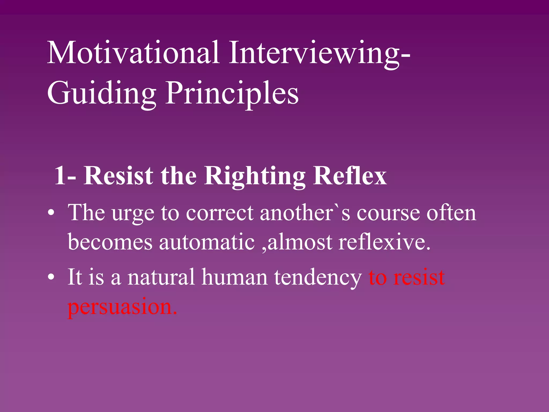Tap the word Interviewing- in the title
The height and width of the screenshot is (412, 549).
coord(319,53)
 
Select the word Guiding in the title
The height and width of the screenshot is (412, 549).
coord(101,93)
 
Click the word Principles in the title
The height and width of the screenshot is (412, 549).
coord(232,93)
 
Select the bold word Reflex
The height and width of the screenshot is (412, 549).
coord(350,176)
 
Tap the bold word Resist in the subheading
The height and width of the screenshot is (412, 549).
coord(118,176)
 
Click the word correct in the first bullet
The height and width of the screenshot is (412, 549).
coord(220,213)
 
